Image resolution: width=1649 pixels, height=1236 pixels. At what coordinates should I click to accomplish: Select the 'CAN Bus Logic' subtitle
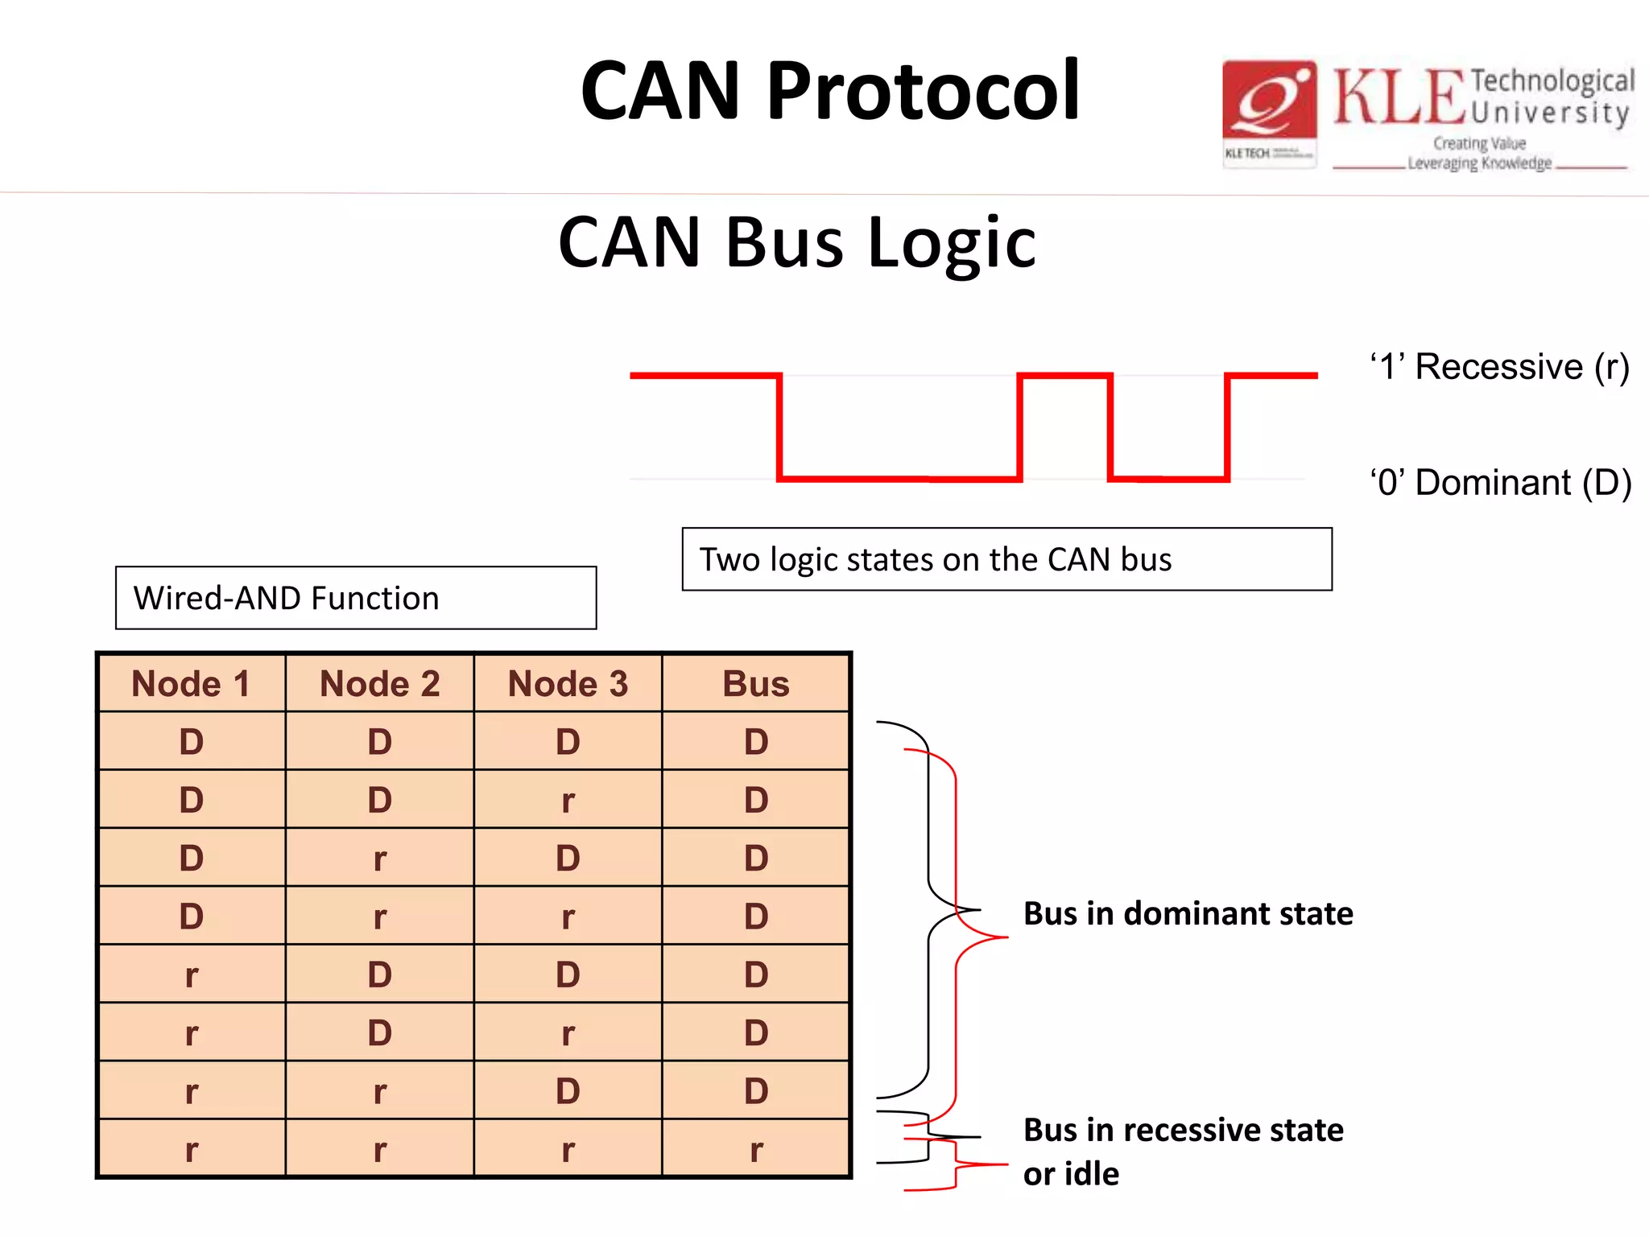(797, 241)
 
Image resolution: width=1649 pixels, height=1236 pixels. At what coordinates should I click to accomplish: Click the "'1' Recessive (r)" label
(1499, 367)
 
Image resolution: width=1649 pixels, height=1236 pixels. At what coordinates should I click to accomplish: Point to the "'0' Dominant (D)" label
(1501, 483)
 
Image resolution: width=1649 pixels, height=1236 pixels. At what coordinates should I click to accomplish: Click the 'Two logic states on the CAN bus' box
(1006, 559)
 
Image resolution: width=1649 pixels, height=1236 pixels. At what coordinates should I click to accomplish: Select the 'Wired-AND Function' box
(356, 598)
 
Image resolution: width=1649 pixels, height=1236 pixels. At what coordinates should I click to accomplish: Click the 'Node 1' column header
(191, 684)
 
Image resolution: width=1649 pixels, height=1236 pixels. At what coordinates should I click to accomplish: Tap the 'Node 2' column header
(379, 684)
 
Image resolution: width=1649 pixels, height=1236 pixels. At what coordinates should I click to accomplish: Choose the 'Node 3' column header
(568, 684)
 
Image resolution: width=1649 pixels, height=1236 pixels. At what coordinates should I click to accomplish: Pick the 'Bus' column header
(755, 684)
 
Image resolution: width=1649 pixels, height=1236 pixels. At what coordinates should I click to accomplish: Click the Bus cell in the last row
(755, 1150)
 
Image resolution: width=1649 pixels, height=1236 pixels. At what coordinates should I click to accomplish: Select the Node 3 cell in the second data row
(568, 801)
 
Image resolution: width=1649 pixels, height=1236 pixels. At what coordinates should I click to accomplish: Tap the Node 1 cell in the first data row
(191, 742)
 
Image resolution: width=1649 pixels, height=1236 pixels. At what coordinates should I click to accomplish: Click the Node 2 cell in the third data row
(379, 859)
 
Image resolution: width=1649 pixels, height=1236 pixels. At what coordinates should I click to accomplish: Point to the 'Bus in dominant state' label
(1188, 914)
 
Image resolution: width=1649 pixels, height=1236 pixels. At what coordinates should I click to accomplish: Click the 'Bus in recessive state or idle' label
(1183, 1152)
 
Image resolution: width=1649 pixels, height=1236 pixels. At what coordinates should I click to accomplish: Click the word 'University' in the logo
(1551, 113)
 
